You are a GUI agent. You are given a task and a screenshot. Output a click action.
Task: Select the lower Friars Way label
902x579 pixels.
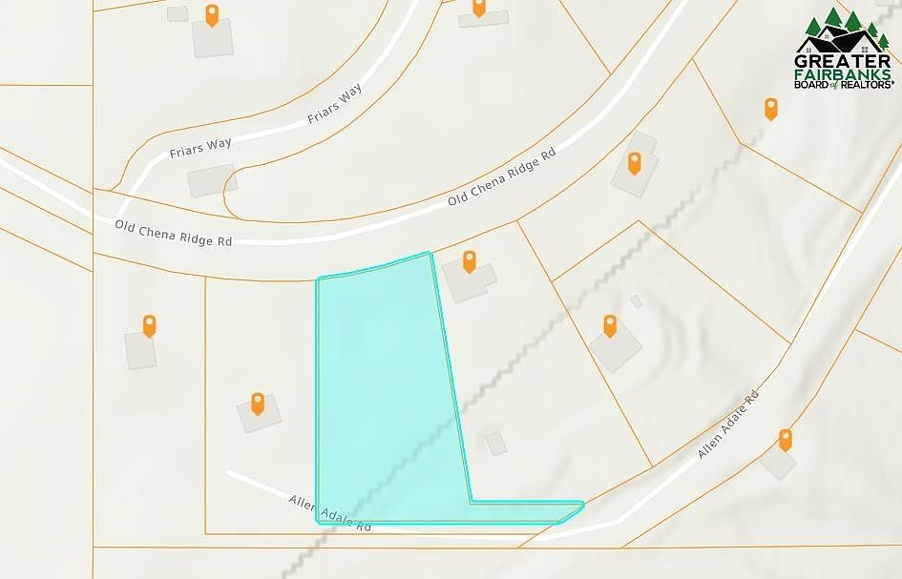(200, 148)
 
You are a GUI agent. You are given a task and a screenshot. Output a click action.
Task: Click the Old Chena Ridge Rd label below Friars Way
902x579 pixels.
(174, 234)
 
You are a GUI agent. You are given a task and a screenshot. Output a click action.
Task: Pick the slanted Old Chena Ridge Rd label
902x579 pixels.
(501, 179)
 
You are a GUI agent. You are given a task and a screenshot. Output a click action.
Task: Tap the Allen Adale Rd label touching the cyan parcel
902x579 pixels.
(329, 515)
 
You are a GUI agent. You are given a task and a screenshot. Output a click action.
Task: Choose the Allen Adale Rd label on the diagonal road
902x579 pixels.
(727, 424)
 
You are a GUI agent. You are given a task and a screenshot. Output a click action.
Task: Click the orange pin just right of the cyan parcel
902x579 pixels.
(469, 261)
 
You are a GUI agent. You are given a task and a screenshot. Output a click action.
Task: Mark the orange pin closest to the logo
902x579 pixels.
(770, 109)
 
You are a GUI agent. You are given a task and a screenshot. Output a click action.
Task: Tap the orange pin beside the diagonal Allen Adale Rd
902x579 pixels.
(786, 440)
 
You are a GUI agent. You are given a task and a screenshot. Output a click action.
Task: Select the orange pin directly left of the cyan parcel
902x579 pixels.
(257, 403)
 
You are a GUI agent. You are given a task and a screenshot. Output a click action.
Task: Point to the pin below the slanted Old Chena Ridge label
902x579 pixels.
(634, 163)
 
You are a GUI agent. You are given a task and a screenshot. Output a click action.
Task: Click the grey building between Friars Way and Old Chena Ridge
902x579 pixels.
(212, 180)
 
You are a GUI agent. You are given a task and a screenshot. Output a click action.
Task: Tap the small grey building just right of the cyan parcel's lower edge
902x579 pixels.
(495, 443)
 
